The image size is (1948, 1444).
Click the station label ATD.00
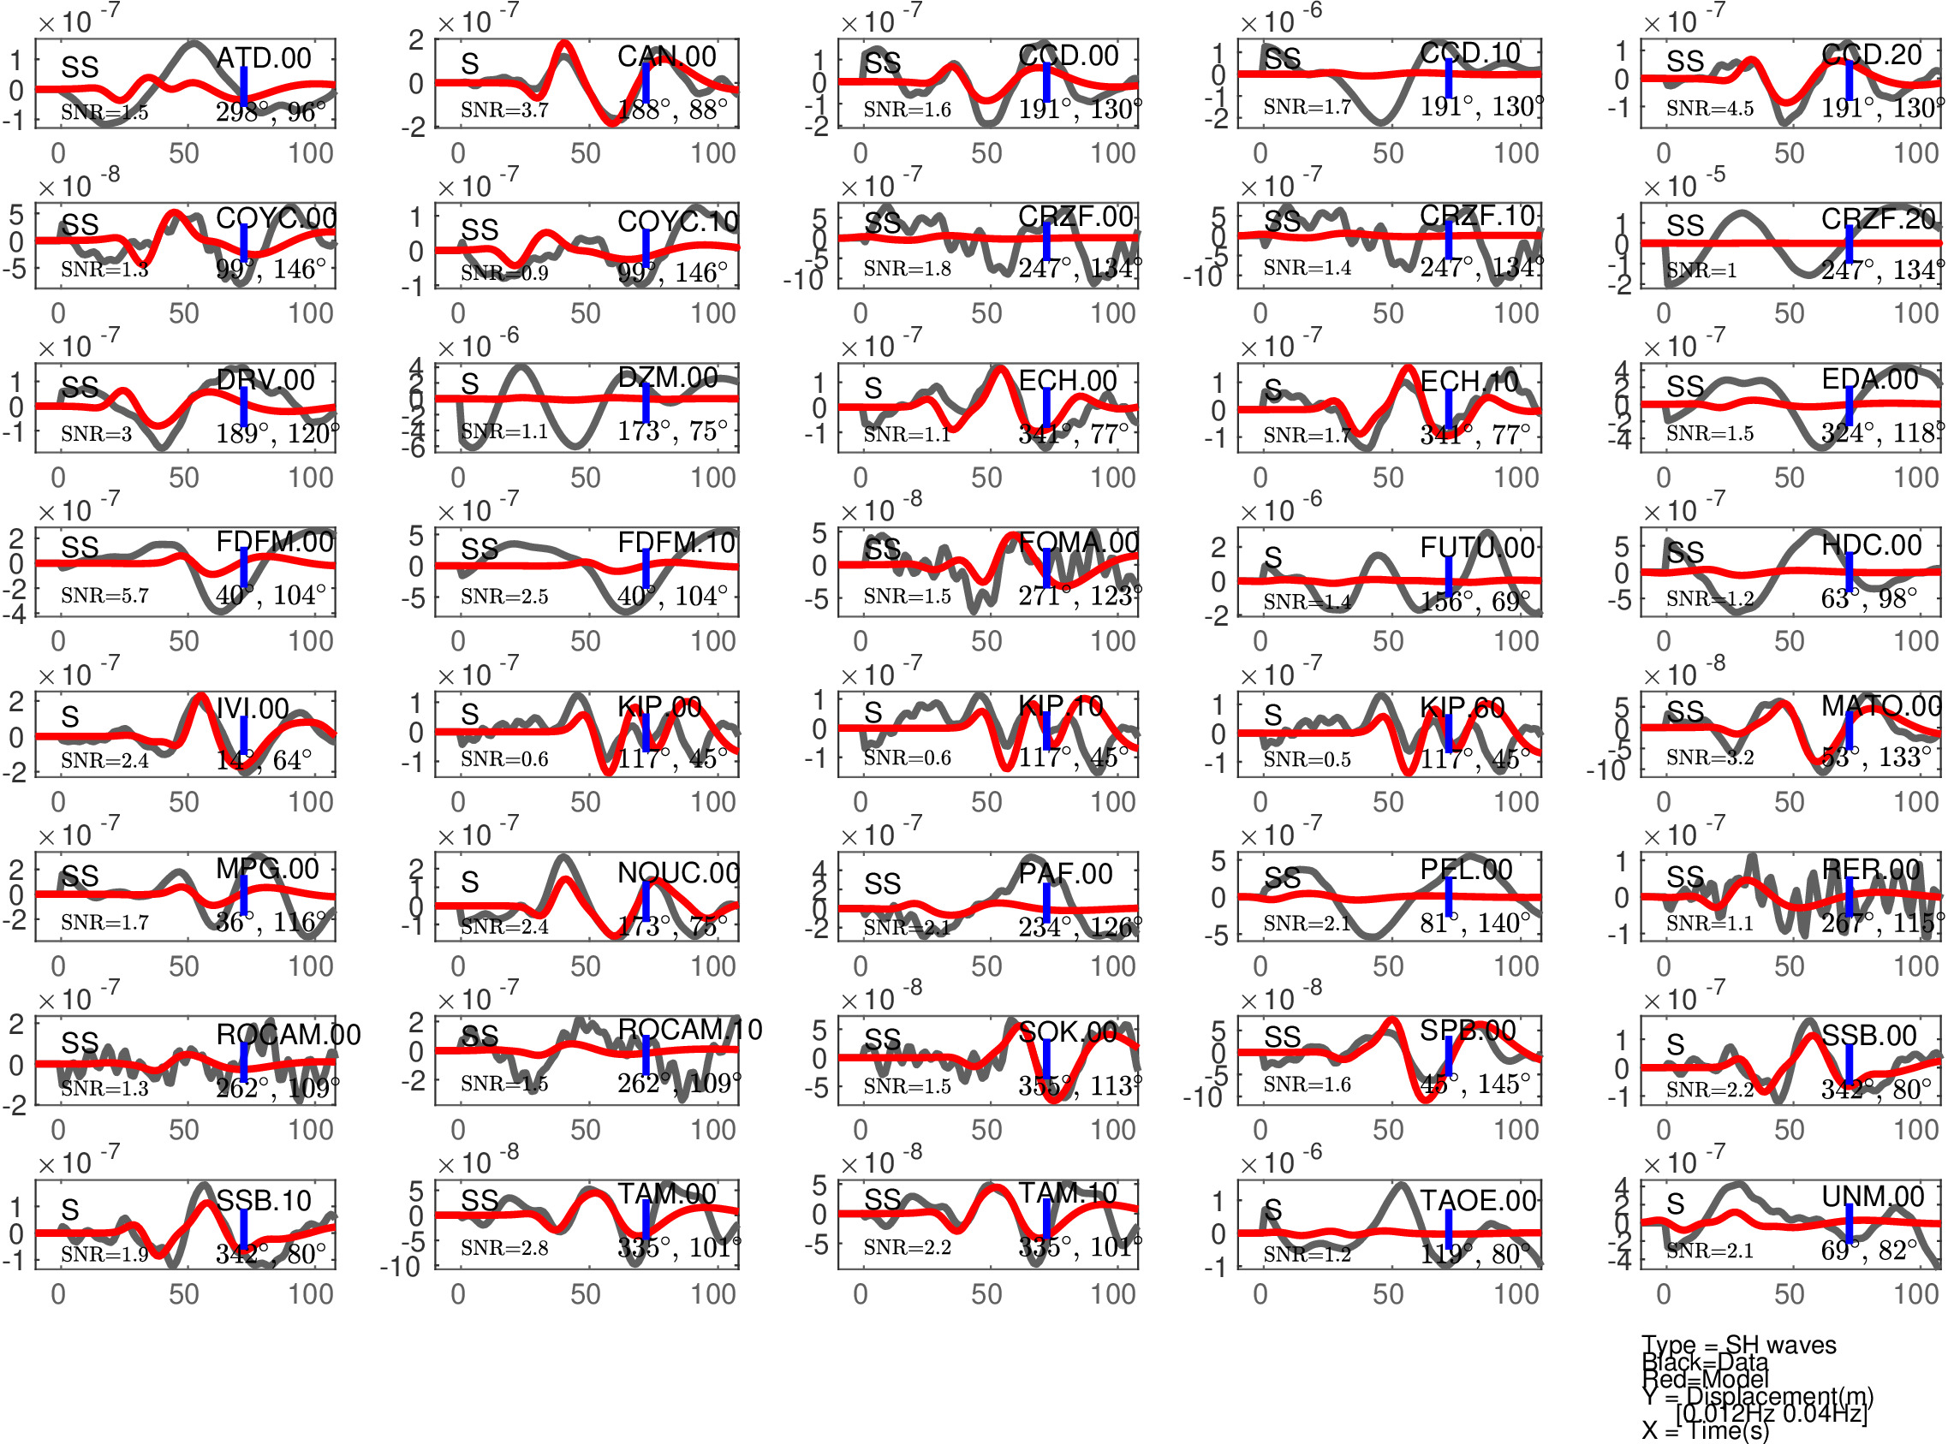point(263,57)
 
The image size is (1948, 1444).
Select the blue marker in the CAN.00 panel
point(646,82)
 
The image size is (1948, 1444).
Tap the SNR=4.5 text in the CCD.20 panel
point(1709,109)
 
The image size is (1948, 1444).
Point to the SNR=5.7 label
point(105,596)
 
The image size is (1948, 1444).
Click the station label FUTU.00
point(1477,548)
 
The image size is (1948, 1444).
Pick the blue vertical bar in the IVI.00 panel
point(244,740)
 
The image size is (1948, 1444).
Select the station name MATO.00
point(1880,705)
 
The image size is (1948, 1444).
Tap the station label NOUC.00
point(678,872)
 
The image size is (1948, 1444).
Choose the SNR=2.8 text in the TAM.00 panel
point(504,1248)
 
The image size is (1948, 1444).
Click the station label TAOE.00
point(1479,1201)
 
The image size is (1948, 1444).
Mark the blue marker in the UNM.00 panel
point(1850,1227)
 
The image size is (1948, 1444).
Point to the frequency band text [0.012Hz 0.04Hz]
point(1772,1412)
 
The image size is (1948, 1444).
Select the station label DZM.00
point(667,377)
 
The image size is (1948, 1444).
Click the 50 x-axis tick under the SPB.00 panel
point(1387,1130)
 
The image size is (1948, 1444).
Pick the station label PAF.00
point(1065,873)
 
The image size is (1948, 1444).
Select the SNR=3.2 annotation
point(1709,757)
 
